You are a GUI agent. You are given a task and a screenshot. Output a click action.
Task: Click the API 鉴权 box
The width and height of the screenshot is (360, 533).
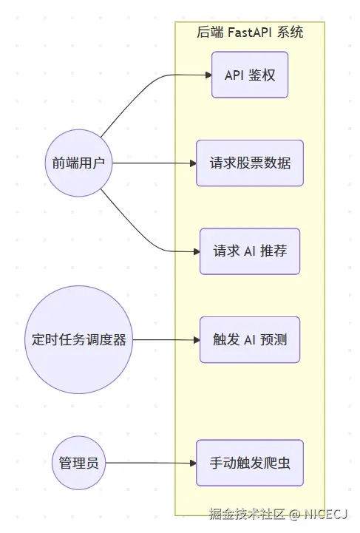click(250, 75)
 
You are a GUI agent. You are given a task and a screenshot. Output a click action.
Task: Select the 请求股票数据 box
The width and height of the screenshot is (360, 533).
click(250, 163)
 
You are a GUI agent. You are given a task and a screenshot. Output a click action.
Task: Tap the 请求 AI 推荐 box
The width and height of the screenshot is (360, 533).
click(250, 251)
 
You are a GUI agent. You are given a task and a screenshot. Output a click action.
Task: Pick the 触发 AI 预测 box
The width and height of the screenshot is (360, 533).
click(250, 340)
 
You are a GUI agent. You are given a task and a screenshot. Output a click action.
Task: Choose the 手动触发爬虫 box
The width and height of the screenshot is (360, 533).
click(250, 464)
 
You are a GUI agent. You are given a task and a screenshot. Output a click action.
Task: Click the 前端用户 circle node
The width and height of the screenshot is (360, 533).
click(78, 163)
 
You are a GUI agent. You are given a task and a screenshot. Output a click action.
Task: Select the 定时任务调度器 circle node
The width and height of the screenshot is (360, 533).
click(79, 340)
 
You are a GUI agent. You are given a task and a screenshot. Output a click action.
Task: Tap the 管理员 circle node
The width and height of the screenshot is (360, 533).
click(79, 464)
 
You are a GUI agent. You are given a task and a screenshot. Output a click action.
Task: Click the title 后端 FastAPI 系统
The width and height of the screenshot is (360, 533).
click(250, 33)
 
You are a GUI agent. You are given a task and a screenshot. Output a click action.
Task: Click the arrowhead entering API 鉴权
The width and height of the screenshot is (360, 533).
click(207, 75)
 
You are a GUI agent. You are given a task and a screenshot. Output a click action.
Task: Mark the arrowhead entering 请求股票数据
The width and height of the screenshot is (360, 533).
click(191, 163)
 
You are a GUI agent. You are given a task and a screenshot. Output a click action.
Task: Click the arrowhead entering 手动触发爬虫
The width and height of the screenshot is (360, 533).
click(191, 464)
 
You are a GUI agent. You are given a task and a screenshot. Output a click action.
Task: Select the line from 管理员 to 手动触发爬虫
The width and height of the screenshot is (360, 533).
click(148, 464)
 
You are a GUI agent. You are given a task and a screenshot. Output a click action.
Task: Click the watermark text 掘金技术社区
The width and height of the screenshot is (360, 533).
click(246, 514)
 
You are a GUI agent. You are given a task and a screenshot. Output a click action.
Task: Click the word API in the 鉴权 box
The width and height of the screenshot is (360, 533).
click(234, 75)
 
